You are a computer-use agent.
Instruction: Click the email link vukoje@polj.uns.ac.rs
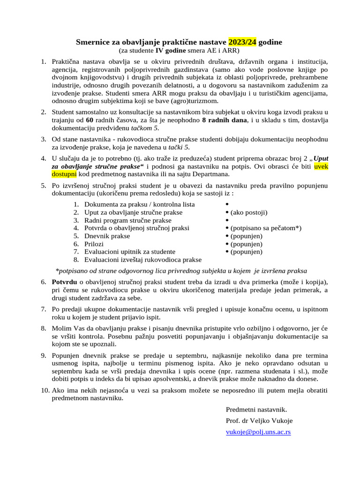point(258,432)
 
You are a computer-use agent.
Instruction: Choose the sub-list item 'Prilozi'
point(94,244)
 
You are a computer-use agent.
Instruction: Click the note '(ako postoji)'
point(249,212)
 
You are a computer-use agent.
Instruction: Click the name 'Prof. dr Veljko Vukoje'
point(259,420)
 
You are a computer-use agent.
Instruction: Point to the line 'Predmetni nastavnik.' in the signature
point(256,409)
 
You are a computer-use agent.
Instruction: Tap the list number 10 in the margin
point(45,390)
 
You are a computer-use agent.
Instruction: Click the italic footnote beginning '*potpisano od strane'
point(181,270)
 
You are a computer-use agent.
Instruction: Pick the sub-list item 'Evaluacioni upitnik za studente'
point(130,252)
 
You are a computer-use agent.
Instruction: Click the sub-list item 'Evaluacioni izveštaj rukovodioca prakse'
point(143,260)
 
